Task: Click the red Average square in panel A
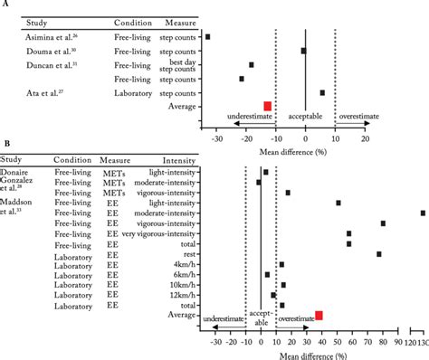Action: (267, 106)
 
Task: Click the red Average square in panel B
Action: (319, 315)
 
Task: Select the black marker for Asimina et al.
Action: (208, 36)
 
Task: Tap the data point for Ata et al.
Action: (322, 92)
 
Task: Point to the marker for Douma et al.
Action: (303, 51)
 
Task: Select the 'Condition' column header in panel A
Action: (135, 21)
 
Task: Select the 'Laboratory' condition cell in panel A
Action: (134, 92)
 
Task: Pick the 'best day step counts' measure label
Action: (182, 64)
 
